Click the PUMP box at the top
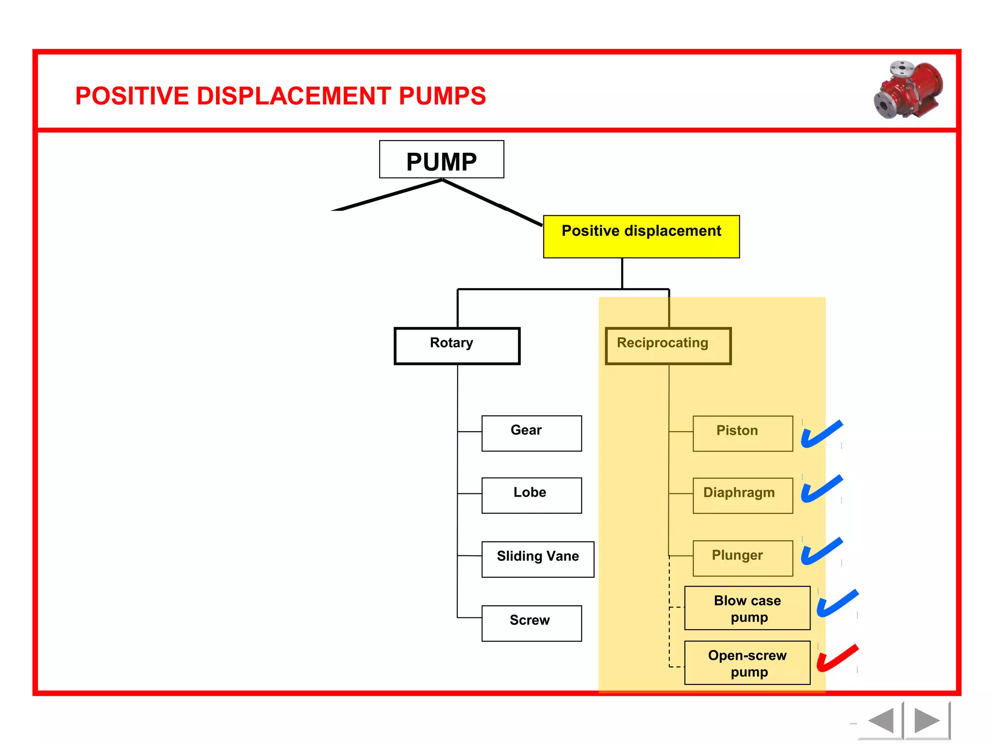coord(441,160)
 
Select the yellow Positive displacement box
coord(641,237)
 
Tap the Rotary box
coord(457,346)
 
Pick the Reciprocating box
coord(668,346)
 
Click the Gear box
coord(531,433)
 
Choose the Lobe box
coord(531,495)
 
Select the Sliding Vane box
coord(537,559)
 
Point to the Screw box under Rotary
coord(531,623)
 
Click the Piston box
coord(743,433)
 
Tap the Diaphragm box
coord(743,495)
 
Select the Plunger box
coord(743,558)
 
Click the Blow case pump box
coord(747,608)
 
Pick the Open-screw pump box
coord(747,663)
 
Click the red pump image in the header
coord(909,90)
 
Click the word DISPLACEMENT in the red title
coord(297,96)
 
